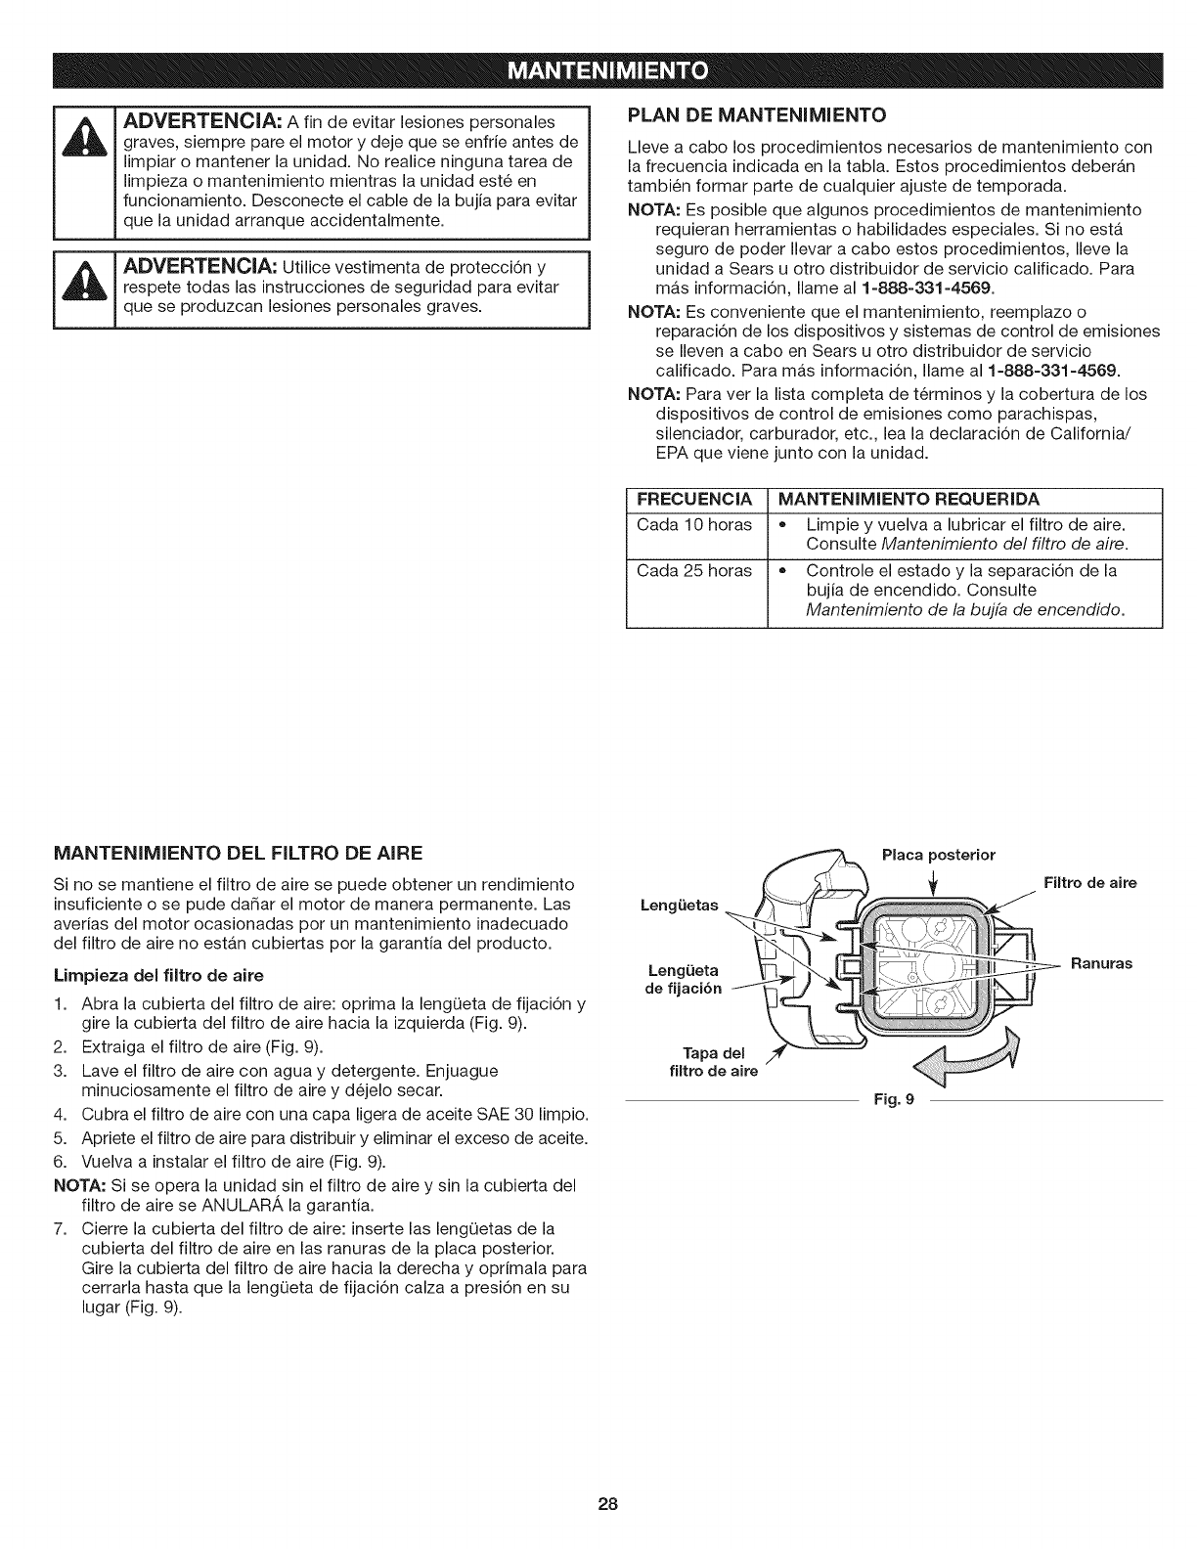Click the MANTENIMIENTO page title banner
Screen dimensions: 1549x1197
click(x=598, y=71)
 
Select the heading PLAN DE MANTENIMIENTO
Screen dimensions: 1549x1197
click(x=756, y=115)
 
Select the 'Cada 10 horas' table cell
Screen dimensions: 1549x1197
click(x=693, y=525)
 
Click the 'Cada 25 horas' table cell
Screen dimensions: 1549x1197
click(x=693, y=570)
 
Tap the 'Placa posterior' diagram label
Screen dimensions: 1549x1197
click(x=938, y=855)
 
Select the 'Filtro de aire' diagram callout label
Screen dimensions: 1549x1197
click(x=1089, y=883)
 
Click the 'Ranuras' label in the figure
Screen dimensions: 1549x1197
click(x=1101, y=963)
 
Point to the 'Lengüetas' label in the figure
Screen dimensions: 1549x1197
click(x=678, y=905)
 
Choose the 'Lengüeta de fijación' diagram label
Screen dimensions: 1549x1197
click(x=684, y=979)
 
